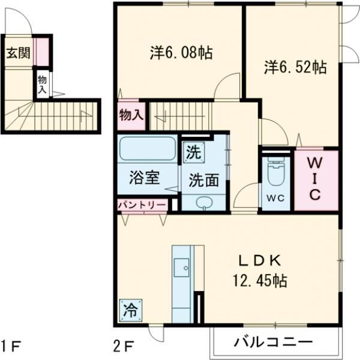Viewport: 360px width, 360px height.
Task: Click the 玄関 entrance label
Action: click(16, 53)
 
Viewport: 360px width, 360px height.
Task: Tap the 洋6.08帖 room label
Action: click(181, 53)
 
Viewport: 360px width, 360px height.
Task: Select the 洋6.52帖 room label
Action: click(295, 67)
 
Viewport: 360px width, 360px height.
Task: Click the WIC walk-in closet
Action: click(316, 178)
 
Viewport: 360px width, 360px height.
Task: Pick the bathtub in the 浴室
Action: click(147, 148)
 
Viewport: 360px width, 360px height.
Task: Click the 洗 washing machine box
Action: click(193, 151)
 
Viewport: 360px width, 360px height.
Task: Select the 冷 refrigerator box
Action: click(130, 310)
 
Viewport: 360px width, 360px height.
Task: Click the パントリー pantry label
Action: click(142, 205)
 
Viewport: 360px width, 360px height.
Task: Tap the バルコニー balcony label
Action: click(273, 344)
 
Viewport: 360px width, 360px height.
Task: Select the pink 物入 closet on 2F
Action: click(131, 116)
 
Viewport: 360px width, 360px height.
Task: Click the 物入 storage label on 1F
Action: click(42, 83)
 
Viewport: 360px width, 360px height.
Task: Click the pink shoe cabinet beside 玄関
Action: click(41, 51)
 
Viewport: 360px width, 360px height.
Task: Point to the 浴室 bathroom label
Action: click(145, 178)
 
